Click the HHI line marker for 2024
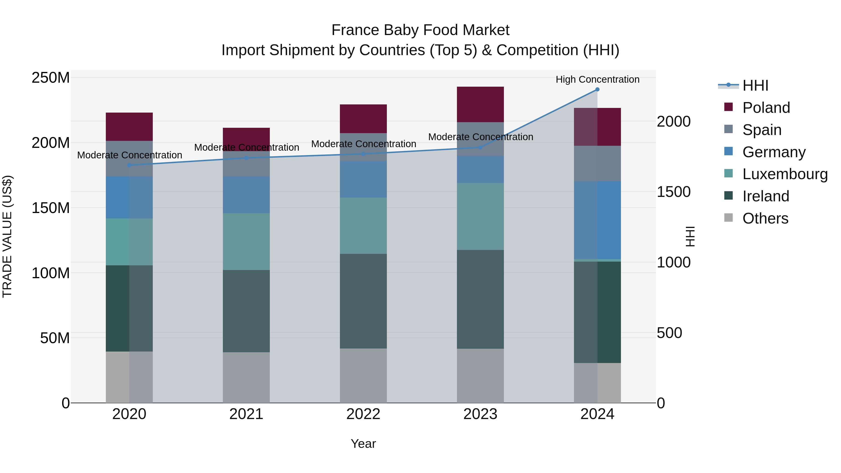point(597,89)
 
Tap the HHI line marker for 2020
point(129,165)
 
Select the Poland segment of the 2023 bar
point(480,104)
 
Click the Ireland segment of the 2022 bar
point(363,301)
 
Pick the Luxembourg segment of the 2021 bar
point(246,242)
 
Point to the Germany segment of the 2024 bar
point(597,220)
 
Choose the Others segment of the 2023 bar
point(480,375)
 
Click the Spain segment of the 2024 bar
point(597,164)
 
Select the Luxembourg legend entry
point(785,174)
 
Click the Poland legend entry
point(766,108)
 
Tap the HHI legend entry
point(755,85)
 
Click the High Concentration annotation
point(597,79)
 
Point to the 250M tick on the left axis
point(51,78)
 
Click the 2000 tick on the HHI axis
point(674,121)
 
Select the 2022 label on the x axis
point(363,414)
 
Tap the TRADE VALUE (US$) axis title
point(7,236)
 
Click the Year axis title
point(363,444)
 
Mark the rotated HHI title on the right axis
point(690,236)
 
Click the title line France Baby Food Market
point(420,30)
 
